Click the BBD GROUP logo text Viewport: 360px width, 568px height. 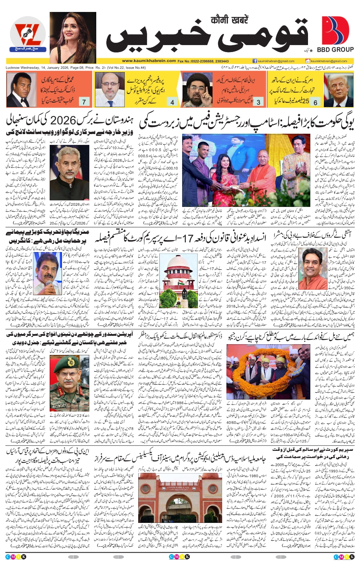(335, 50)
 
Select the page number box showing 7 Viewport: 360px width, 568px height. (84, 102)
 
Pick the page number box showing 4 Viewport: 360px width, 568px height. (172, 102)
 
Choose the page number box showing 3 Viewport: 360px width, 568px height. (258, 102)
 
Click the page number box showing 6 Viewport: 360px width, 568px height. (315, 102)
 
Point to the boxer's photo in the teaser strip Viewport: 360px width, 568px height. (21, 90)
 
